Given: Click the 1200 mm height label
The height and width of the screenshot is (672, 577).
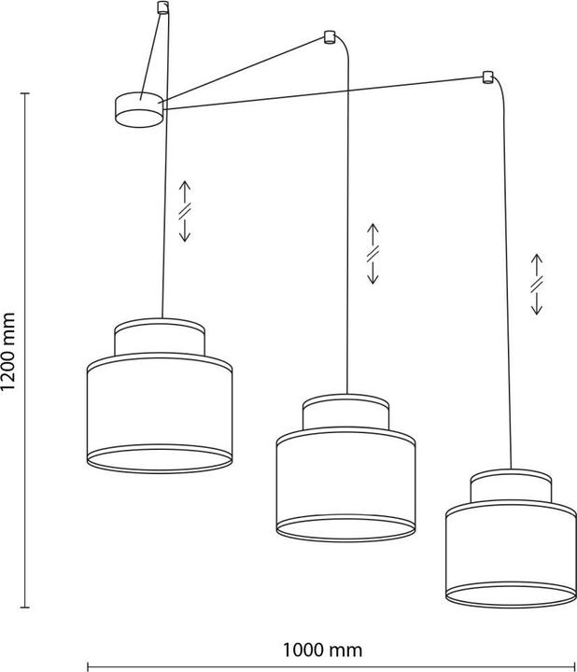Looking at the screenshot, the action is point(7,352).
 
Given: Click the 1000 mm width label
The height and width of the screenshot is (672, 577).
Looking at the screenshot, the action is point(322,650).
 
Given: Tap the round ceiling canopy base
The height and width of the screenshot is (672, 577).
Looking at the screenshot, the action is point(139,110).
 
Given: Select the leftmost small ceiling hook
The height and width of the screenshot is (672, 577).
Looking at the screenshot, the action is point(162,7).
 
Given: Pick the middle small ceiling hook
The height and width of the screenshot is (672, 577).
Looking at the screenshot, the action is point(329,36).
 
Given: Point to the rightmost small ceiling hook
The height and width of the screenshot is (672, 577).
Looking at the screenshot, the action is point(487,77).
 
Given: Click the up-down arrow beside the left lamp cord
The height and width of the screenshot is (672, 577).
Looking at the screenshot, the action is point(185,211).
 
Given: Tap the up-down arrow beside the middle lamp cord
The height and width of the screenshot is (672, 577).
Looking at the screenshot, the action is point(373,254).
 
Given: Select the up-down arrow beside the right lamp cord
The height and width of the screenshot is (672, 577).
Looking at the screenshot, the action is point(537,284).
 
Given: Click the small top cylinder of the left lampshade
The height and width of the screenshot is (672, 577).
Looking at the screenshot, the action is point(160,337).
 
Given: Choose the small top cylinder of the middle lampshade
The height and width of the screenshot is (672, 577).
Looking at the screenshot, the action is point(346,413).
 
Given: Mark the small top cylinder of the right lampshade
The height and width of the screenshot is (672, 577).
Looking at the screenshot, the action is point(511,486).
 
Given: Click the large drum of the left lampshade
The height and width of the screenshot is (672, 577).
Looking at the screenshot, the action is point(160,413).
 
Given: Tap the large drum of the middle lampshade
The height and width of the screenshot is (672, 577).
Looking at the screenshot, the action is point(346,484).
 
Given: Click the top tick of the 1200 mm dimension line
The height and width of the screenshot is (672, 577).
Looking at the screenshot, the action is point(25,93).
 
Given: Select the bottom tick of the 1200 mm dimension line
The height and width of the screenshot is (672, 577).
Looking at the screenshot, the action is point(25,607).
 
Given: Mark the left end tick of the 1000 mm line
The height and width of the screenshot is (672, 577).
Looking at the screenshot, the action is point(88,666).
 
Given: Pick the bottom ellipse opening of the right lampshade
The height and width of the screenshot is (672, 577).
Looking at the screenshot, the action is point(511,595).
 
